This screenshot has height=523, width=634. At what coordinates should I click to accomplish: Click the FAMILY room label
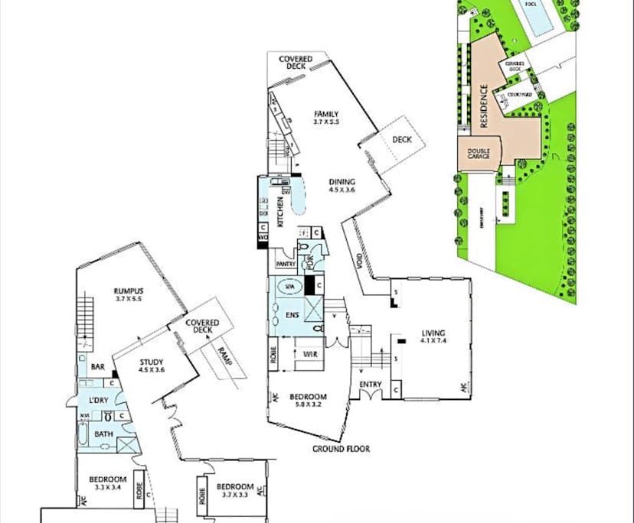[x=325, y=114]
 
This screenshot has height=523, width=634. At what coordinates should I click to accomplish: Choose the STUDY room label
[x=151, y=363]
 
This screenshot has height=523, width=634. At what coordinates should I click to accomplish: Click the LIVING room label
[x=433, y=333]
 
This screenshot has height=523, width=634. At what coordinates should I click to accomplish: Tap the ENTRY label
[x=370, y=385]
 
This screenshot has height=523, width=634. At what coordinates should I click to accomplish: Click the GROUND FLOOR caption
[x=341, y=449]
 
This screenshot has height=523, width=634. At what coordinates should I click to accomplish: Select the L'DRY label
[x=97, y=401]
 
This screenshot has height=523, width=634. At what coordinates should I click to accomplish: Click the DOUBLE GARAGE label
[x=479, y=154]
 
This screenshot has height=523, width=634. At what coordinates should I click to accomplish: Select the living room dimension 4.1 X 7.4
[x=433, y=342]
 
